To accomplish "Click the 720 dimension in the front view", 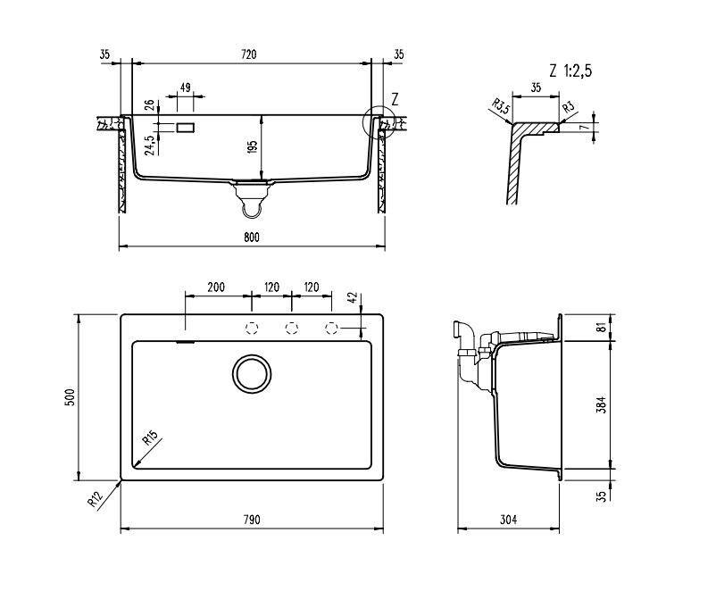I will point(249,55).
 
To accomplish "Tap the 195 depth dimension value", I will point(254,146).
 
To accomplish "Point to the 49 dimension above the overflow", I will point(186,87).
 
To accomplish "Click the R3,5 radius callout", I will point(501,109).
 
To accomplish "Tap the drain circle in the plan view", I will point(252,373).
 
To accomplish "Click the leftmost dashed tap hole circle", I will point(252,328).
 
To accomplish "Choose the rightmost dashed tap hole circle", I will point(331,328).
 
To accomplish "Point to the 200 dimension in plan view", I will point(215,287).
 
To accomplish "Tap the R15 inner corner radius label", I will point(149,439).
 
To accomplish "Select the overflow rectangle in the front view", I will point(186,128).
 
